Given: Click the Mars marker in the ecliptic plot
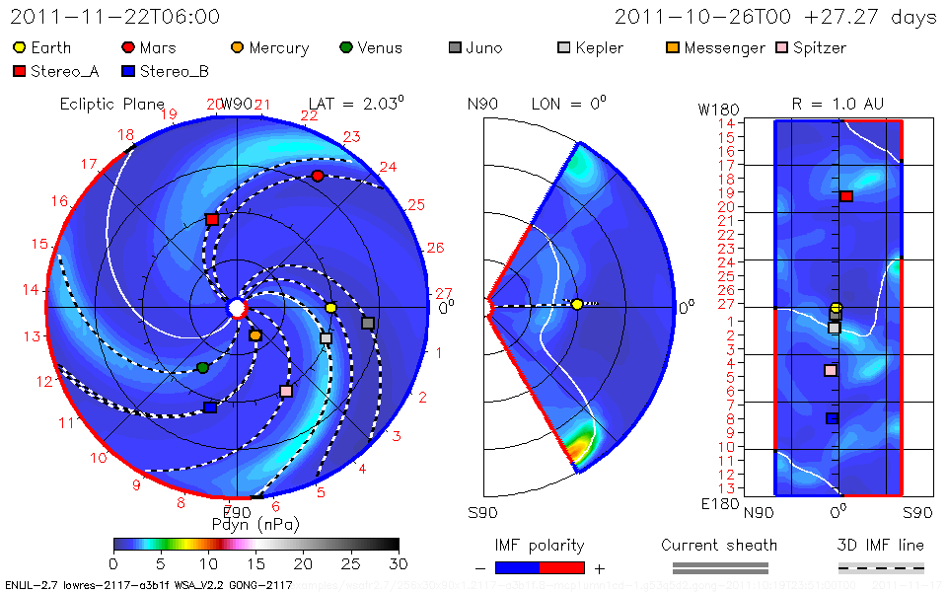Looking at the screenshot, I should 318,176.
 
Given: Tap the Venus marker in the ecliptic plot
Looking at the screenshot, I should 203,368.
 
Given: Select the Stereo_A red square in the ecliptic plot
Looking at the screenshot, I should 211,219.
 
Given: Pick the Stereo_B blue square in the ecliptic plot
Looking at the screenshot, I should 209,407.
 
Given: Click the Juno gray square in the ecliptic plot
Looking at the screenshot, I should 368,323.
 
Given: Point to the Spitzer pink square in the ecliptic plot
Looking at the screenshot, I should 286,391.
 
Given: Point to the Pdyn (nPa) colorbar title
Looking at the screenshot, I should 255,523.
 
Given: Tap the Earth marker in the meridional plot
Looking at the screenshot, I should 577,305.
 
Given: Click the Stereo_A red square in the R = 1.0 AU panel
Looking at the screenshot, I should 845,196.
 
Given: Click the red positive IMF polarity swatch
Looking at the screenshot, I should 562,567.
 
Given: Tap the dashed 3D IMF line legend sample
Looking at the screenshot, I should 881,567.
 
